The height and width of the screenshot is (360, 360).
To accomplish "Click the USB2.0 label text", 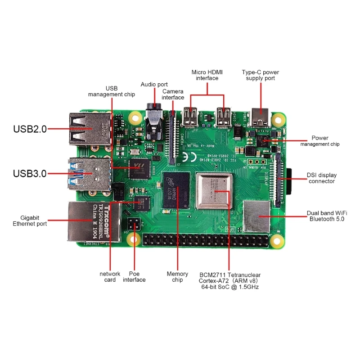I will pyautogui.click(x=30, y=129).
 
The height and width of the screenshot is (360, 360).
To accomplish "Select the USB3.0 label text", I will pyautogui.click(x=30, y=173).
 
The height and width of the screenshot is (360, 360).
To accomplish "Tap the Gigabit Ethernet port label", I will pyautogui.click(x=30, y=220).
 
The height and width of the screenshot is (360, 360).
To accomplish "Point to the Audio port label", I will pyautogui.click(x=154, y=84).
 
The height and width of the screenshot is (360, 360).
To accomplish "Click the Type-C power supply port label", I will pyautogui.click(x=260, y=75).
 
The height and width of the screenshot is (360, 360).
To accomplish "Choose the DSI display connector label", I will pyautogui.click(x=321, y=178).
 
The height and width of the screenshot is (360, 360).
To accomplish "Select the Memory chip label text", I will pyautogui.click(x=177, y=277).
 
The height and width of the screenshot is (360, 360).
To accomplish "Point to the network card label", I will pyautogui.click(x=110, y=277).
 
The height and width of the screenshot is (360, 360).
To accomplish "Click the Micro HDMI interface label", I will pyautogui.click(x=207, y=75).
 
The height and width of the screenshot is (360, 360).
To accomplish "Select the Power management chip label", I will pyautogui.click(x=320, y=141).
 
